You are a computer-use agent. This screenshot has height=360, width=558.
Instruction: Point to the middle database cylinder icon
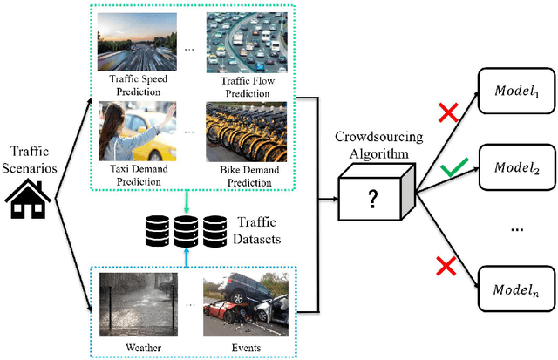188,232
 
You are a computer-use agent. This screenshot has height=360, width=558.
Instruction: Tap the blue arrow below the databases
188,259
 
